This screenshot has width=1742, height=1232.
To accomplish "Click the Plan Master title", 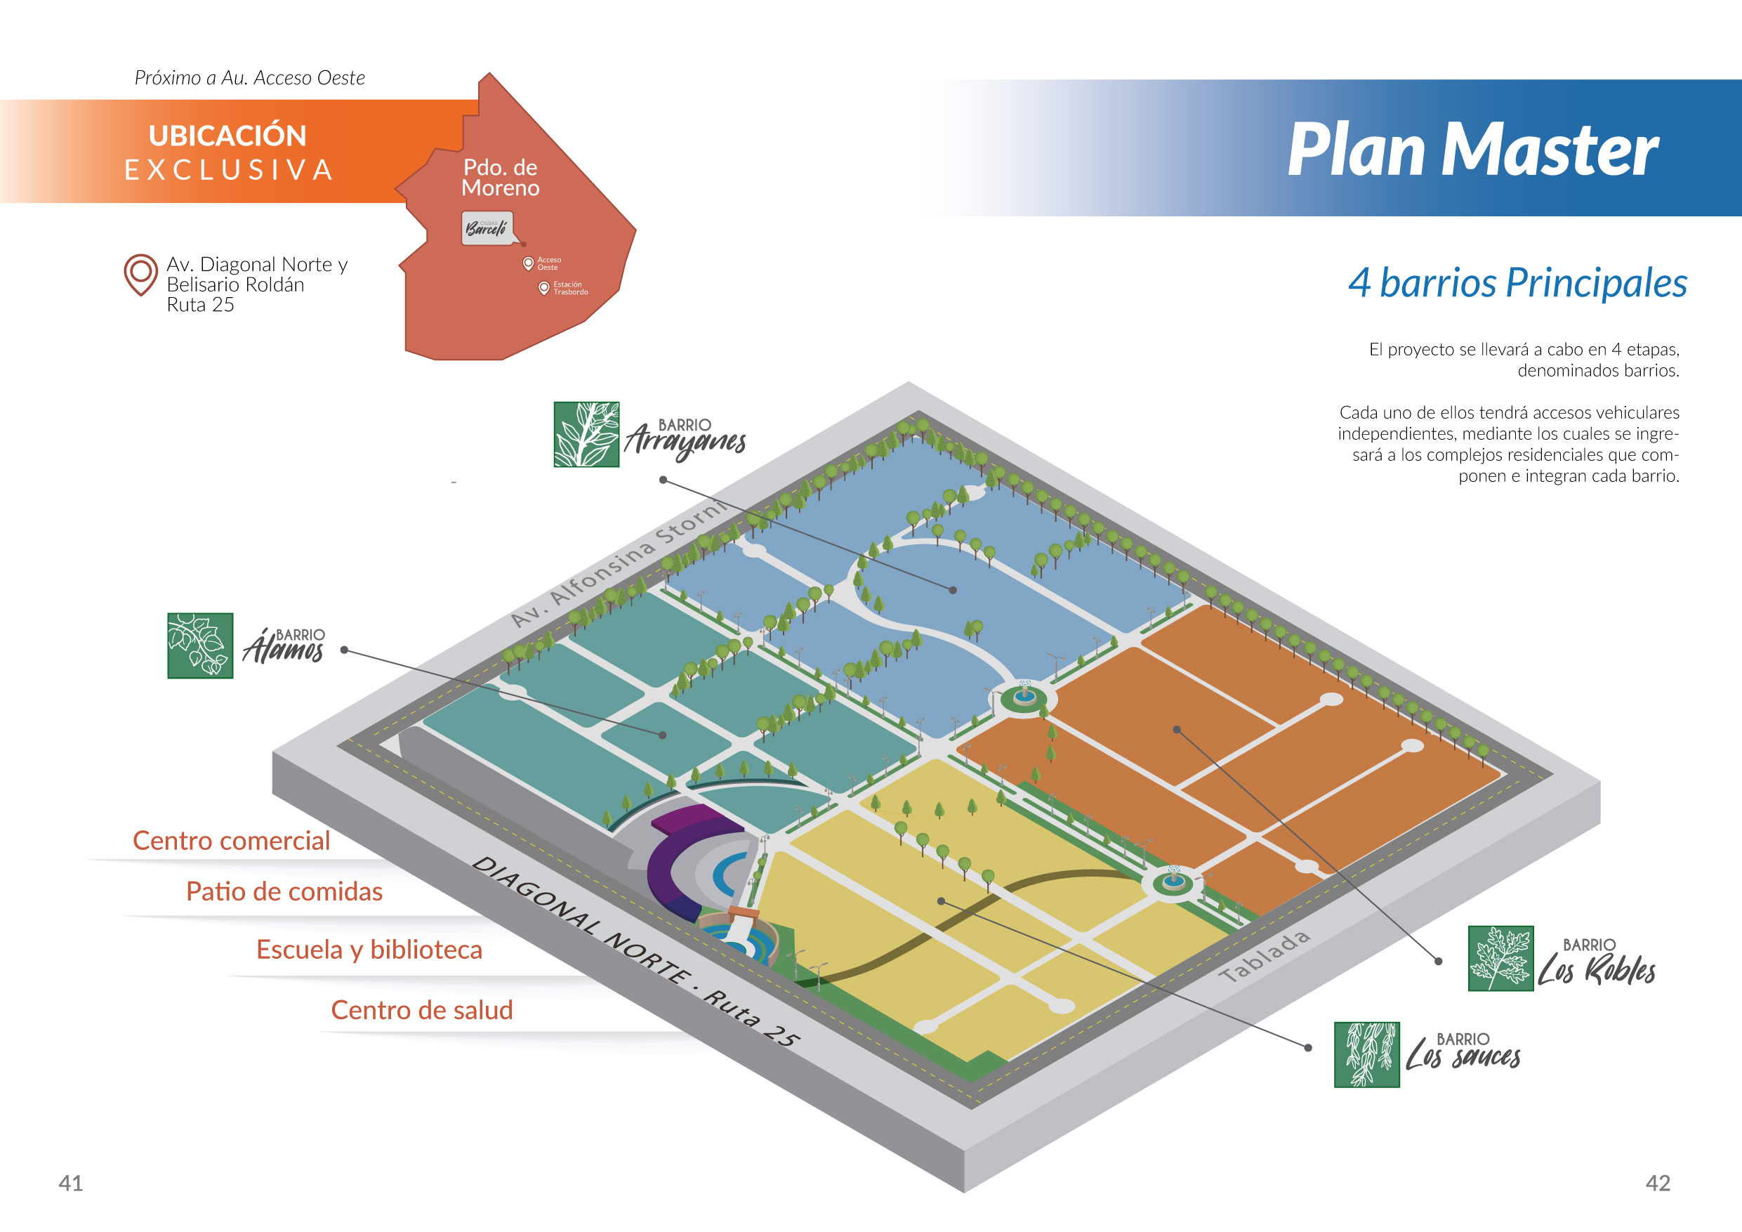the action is [x=1472, y=150].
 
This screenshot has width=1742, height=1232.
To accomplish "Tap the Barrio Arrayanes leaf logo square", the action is [x=586, y=434].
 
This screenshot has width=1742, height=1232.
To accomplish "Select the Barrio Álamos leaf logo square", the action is [x=200, y=646].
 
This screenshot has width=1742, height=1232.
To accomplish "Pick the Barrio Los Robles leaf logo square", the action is [x=1500, y=958].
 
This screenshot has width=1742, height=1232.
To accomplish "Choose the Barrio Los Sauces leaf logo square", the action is [x=1367, y=1054].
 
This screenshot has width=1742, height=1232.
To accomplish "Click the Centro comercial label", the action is [x=232, y=840].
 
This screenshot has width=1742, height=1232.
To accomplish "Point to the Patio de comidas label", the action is [x=284, y=891].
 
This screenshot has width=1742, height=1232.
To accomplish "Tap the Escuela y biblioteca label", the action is [x=369, y=950].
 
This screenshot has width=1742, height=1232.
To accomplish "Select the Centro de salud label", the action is [x=422, y=1009].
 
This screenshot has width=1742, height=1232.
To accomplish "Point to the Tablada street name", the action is [x=1265, y=957].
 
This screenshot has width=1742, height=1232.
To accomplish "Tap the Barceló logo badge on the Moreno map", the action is [x=487, y=228].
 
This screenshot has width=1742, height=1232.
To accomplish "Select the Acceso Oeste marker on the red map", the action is [x=529, y=263].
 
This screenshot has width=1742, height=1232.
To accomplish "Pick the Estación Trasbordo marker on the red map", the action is [x=544, y=289].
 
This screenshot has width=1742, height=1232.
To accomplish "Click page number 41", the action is [x=70, y=1183].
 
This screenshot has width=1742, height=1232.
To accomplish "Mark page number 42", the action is [x=1658, y=1183].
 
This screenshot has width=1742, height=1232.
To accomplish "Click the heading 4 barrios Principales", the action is [x=1517, y=283].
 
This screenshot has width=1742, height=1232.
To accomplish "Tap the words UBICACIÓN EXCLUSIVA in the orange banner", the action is [x=228, y=152].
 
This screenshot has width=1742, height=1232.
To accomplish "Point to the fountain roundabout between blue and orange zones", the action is [x=1024, y=697].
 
